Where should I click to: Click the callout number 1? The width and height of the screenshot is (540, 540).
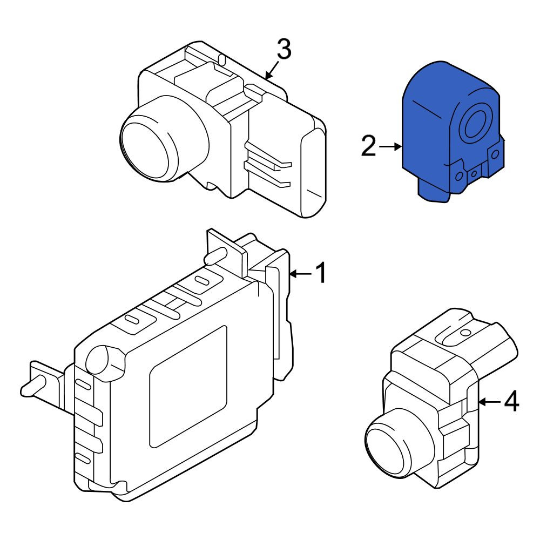pyautogui.click(x=321, y=273)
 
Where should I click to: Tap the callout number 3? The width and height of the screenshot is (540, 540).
pyautogui.click(x=284, y=49)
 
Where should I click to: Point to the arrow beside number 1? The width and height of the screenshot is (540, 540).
pyautogui.click(x=301, y=274)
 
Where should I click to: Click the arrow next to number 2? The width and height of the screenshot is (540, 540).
pyautogui.click(x=390, y=147)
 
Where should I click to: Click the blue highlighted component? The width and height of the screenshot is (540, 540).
pyautogui.click(x=451, y=133)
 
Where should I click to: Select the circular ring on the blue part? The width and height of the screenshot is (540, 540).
pyautogui.click(x=476, y=125)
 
